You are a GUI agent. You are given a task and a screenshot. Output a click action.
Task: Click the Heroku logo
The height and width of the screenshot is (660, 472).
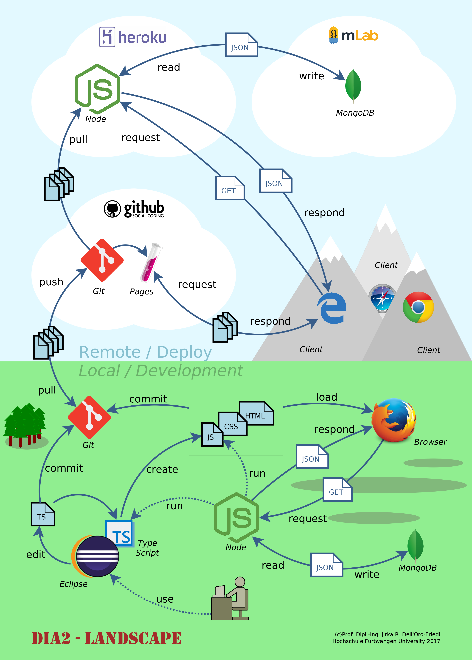point(132,37)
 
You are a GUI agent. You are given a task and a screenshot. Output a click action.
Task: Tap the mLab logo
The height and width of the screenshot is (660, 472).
point(353,35)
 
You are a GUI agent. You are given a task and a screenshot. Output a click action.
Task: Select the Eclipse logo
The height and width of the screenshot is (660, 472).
point(96,556)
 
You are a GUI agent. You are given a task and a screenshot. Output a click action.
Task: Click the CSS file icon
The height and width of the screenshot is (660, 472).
point(233,424)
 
